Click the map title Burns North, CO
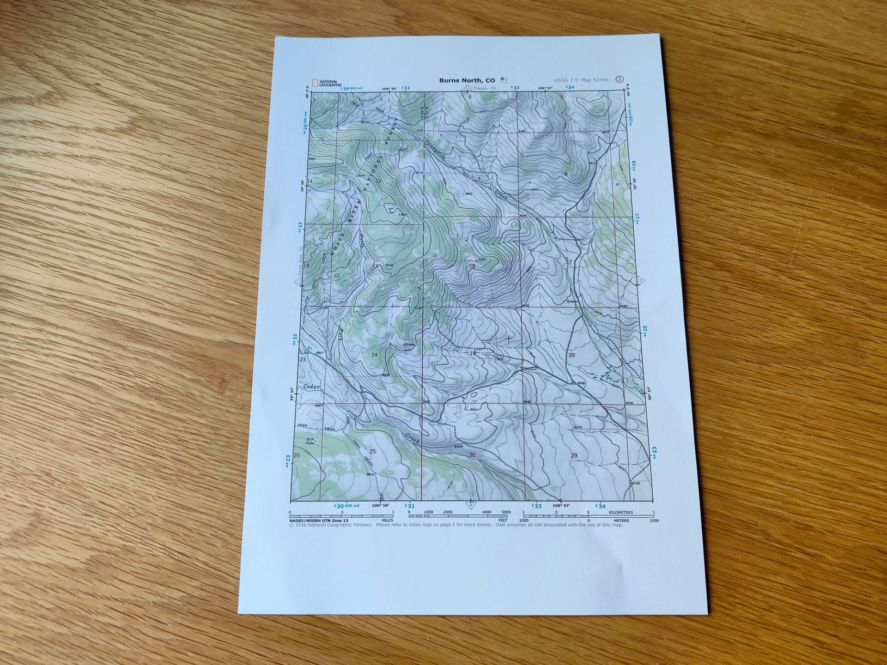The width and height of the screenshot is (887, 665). pos(467,80)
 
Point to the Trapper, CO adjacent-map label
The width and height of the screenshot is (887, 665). pos(484,88)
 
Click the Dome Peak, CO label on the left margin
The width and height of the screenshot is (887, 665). pos(300,261)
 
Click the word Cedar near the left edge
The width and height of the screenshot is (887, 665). pos(312,387)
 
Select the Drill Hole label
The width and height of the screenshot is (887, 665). pos(310,441)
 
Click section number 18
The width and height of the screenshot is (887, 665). pos(472,266)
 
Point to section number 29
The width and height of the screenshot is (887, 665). pos(574,455)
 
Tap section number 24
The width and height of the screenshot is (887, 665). pos(374,355)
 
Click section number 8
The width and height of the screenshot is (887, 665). pos(565,174)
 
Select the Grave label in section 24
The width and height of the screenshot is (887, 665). pos(409,345)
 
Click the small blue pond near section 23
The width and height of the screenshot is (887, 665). pos(306,352)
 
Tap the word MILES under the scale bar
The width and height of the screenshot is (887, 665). pos(387,520)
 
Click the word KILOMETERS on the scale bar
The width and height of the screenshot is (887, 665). pos(621,513)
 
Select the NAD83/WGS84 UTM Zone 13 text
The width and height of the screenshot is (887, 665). pos(319,520)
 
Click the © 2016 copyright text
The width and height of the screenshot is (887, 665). pos(330,525)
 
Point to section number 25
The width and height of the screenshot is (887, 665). pos(373,451)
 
